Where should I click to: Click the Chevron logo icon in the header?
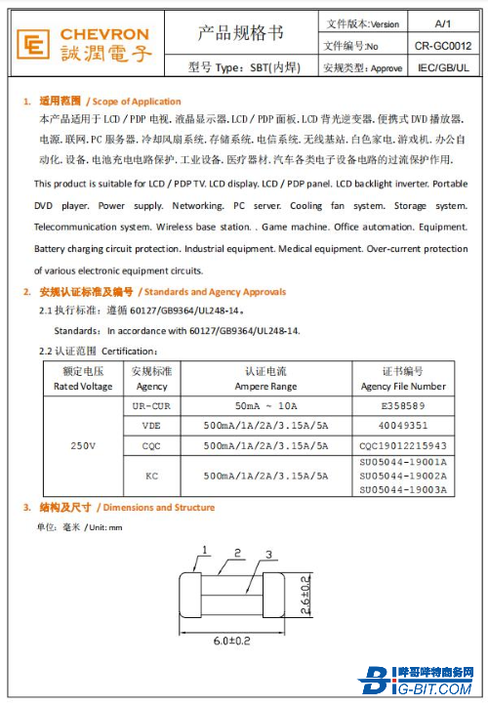(x=35, y=45)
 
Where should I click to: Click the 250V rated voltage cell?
(x=82, y=445)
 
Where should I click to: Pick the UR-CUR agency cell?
(x=150, y=405)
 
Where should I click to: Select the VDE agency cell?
(x=150, y=426)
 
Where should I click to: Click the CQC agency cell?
(x=150, y=445)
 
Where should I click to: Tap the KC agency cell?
(x=150, y=476)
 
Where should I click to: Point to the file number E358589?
(x=403, y=405)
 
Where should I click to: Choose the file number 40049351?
(x=403, y=426)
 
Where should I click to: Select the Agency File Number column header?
(x=403, y=380)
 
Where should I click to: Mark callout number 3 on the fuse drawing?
(x=267, y=555)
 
